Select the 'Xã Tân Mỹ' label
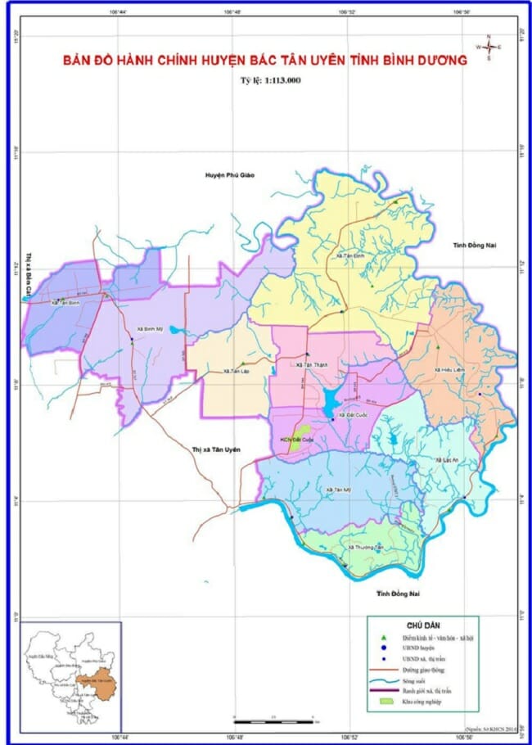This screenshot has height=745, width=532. (x=338, y=490)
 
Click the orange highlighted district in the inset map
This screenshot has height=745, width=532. (x=102, y=682)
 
